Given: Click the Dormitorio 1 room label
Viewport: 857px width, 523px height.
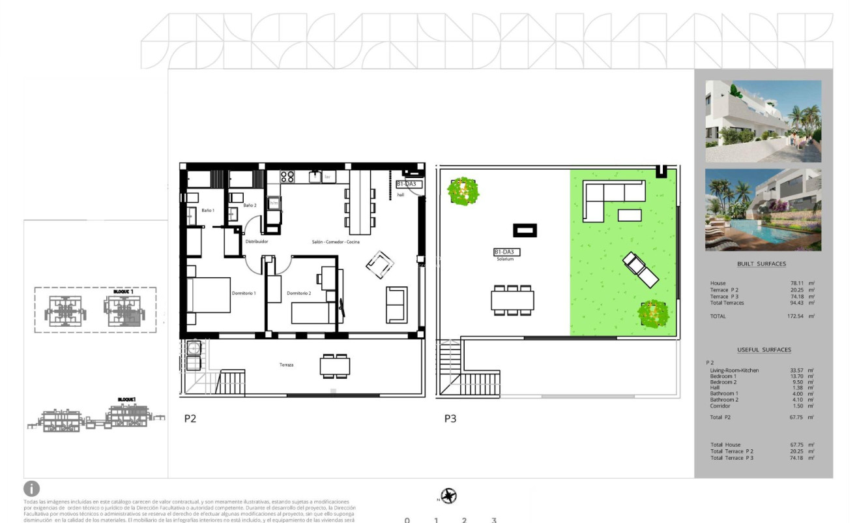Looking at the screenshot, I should [x=244, y=293].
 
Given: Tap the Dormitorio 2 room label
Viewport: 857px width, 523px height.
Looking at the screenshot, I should [x=298, y=293].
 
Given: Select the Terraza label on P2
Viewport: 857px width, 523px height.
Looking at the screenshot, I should [x=285, y=365].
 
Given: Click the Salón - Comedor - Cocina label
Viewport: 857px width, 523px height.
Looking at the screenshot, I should [x=336, y=242].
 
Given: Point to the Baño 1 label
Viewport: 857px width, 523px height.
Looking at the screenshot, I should [x=207, y=210].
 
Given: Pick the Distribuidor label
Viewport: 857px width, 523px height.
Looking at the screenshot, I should [x=257, y=241].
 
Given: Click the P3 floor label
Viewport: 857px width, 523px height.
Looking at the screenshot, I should [x=450, y=419].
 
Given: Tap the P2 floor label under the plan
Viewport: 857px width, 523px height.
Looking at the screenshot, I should [x=190, y=419].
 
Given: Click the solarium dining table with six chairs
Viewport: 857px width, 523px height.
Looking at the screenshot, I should [x=512, y=300].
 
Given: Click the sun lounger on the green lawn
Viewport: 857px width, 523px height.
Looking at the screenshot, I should [x=640, y=269].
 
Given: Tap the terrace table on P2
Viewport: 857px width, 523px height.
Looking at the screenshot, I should [x=335, y=366].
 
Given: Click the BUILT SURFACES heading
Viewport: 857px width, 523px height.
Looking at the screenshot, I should [x=761, y=264].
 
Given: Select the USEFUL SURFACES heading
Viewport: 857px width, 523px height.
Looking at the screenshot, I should [x=764, y=350].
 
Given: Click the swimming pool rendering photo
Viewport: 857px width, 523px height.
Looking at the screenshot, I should [x=763, y=209].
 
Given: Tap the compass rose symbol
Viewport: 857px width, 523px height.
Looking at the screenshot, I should [x=448, y=496].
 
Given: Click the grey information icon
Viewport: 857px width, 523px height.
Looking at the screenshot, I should [x=32, y=488].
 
